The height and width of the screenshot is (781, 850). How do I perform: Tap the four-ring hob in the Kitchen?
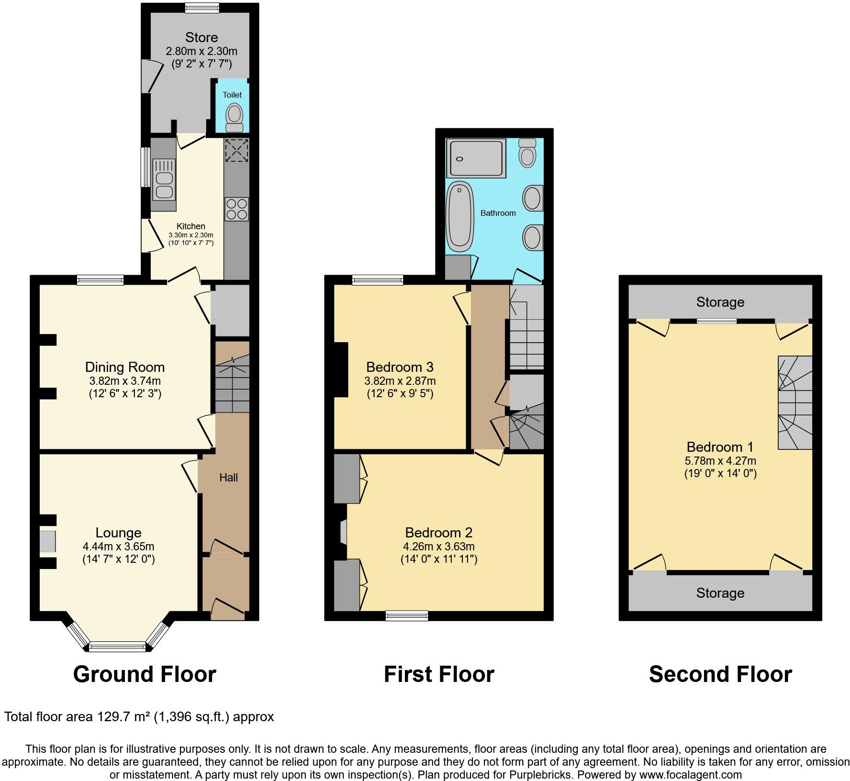pos(236,209)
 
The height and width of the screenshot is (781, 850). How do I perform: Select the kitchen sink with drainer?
pos(164,179)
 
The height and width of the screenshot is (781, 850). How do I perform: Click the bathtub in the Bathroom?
pos(460,216)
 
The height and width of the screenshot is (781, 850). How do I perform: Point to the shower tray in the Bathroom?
pos(476,158)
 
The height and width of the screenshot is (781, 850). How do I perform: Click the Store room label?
pos(201,37)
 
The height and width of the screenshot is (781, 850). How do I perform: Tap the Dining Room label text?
pos(125,367)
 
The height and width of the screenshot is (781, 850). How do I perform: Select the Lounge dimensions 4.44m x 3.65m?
pos(118,546)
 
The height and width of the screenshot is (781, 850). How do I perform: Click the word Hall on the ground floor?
pos(228,477)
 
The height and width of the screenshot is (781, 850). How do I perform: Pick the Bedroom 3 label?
pos(400,367)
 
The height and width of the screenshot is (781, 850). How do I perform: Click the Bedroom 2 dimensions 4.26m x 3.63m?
pos(438,546)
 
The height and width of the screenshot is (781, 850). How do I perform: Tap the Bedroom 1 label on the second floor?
pos(720,447)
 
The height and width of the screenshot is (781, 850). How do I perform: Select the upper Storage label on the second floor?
pos(720,302)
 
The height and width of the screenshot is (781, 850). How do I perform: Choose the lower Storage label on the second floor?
pos(720,593)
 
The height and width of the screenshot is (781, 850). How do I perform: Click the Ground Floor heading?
pos(145,674)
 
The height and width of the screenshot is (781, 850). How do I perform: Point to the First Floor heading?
pos(439,674)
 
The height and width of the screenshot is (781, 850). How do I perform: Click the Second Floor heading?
pos(720,674)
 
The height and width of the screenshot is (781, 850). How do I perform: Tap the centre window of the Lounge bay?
pos(117,647)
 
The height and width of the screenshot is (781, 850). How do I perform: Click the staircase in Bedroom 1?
pos(794,402)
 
